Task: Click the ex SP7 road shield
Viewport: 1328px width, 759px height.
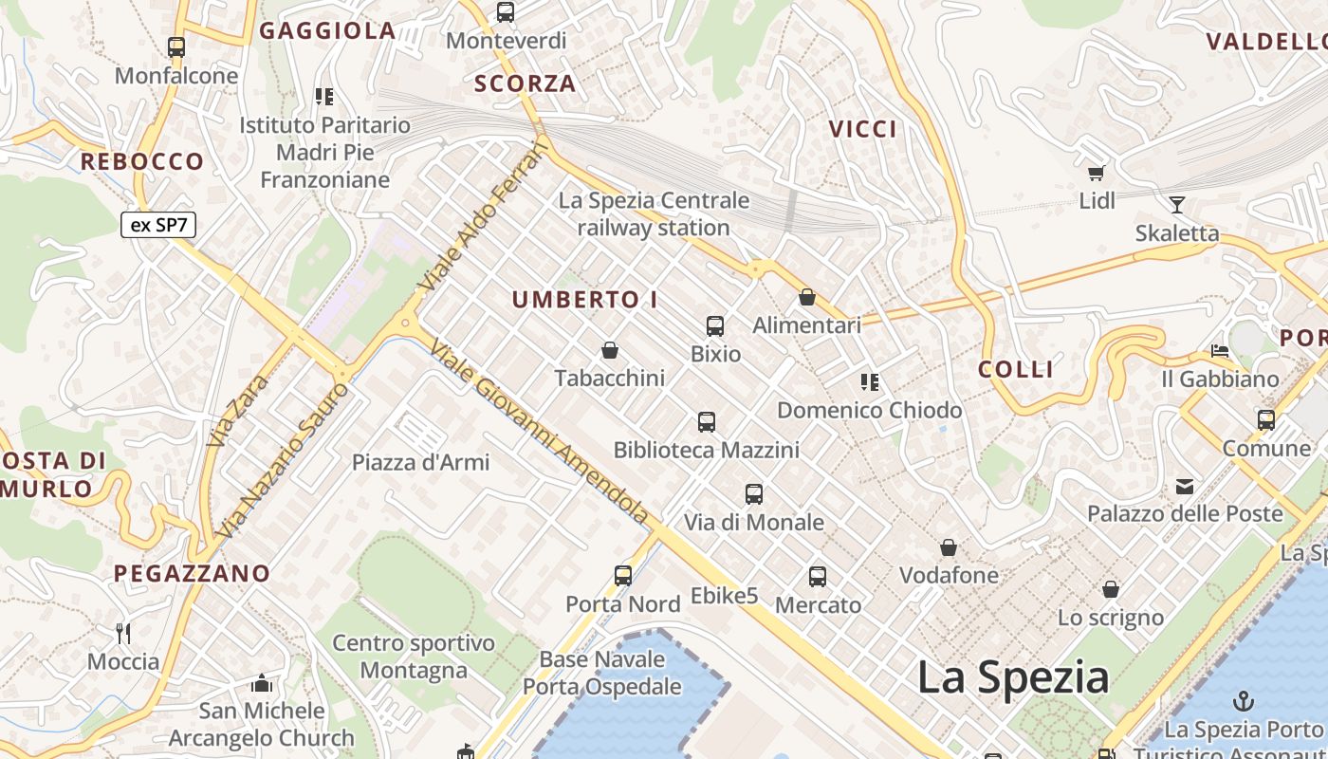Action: (x=158, y=225)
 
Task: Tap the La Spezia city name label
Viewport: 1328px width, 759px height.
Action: (x=1012, y=677)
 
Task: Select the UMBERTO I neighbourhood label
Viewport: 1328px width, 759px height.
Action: (x=585, y=300)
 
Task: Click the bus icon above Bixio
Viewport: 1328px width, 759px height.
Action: (x=715, y=326)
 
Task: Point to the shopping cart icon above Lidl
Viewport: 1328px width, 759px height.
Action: (x=1097, y=173)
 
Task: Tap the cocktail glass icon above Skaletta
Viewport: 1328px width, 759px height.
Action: (x=1177, y=204)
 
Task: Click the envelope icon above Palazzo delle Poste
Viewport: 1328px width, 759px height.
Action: (x=1185, y=487)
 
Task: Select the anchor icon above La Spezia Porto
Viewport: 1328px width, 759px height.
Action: (x=1243, y=702)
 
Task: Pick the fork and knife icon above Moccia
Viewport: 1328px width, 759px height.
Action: (x=122, y=633)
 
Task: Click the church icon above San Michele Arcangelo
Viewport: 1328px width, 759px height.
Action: (x=262, y=683)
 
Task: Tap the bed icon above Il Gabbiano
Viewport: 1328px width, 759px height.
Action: (x=1220, y=351)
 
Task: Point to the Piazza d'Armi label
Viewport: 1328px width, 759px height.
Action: (x=420, y=462)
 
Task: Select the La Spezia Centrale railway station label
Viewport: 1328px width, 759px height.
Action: (x=654, y=213)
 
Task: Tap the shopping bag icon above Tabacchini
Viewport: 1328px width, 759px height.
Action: (x=610, y=351)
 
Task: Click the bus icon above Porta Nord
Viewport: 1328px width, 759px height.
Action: (x=623, y=575)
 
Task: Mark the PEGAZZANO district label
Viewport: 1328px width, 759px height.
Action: (x=193, y=573)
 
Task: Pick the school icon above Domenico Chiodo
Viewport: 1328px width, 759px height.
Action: (x=869, y=382)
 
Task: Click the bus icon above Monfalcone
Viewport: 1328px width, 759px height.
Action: (x=176, y=47)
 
